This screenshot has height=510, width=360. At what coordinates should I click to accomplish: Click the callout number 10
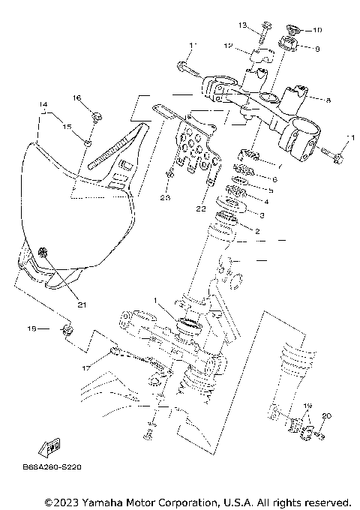click(x=316, y=31)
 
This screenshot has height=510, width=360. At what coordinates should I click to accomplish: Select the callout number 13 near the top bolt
click(x=243, y=25)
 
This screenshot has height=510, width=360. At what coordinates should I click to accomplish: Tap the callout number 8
click(x=327, y=98)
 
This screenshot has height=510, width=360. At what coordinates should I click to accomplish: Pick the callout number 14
click(x=44, y=103)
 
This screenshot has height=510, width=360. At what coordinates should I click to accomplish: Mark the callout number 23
click(x=165, y=198)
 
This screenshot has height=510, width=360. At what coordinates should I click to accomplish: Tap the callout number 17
click(x=86, y=367)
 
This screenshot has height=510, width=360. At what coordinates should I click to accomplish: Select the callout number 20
click(x=325, y=415)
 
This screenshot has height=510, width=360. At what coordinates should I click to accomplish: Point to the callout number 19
click(x=307, y=404)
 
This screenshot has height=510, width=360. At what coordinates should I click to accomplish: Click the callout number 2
click(x=256, y=232)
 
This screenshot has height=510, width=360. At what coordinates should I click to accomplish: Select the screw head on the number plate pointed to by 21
click(x=42, y=253)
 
